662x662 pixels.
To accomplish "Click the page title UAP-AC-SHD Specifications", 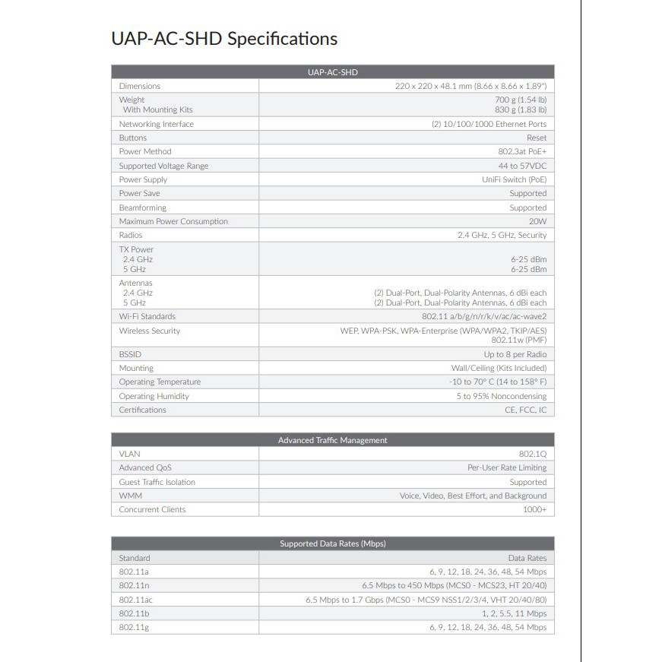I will click(x=224, y=39).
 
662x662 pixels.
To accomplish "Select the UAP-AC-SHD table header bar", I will click(x=332, y=72).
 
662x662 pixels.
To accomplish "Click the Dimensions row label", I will click(x=140, y=86).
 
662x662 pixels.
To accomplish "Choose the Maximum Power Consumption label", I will click(x=173, y=221).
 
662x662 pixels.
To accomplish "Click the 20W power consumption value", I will click(x=537, y=221).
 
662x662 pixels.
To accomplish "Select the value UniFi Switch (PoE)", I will click(x=514, y=179).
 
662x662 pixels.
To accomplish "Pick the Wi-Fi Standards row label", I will click(x=147, y=316).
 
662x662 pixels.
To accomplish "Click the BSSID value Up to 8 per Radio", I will click(x=515, y=354).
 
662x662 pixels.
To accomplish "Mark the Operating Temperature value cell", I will click(x=497, y=382).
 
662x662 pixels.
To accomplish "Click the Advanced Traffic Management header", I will click(x=332, y=440).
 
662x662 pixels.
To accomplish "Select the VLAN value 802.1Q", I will click(x=533, y=454).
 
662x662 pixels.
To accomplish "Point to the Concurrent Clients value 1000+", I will click(x=534, y=509).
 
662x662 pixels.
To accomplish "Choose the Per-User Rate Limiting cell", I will click(x=506, y=467).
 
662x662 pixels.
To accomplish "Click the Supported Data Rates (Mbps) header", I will click(x=332, y=543).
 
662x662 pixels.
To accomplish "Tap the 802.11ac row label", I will click(x=137, y=600).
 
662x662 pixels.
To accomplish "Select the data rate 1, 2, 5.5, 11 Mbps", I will click(x=513, y=613).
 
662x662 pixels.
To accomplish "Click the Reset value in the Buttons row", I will click(x=536, y=138).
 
